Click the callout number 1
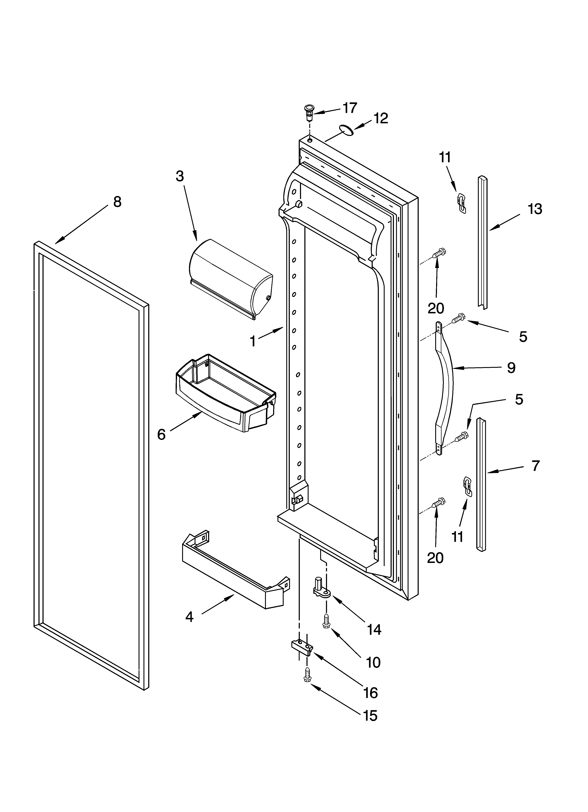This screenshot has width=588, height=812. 253,341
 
